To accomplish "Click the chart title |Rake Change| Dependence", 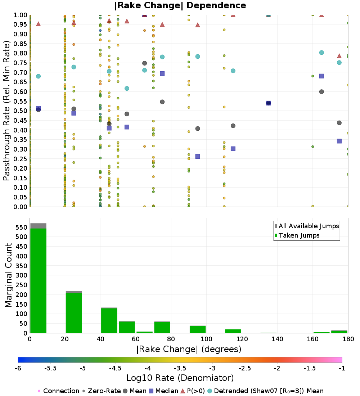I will tap(180, 5).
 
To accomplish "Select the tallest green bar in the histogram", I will tap(38, 281).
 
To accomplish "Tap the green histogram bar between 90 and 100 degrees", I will tap(198, 329).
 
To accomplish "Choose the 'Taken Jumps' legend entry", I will tap(297, 235).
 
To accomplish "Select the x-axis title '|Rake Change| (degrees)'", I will tap(189, 349).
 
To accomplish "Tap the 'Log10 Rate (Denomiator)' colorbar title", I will tap(180, 378).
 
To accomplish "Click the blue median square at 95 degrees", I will tap(198, 156).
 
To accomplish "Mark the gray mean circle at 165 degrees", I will tap(321, 91).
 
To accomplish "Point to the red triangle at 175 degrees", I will tap(339, 56).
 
